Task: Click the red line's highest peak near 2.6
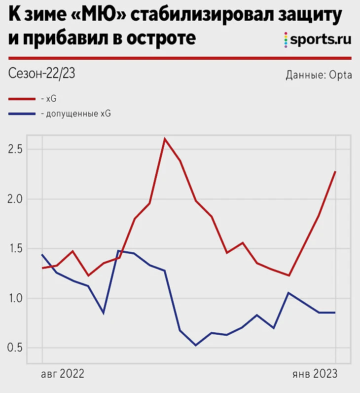tap(165, 139)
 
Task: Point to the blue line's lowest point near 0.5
tap(196, 345)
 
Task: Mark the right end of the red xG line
tap(335, 171)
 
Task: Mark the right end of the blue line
tap(335, 313)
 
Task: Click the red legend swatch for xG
tap(22, 98)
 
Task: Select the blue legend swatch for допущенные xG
tap(22, 114)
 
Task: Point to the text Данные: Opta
tap(319, 76)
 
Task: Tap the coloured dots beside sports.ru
tap(286, 40)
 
